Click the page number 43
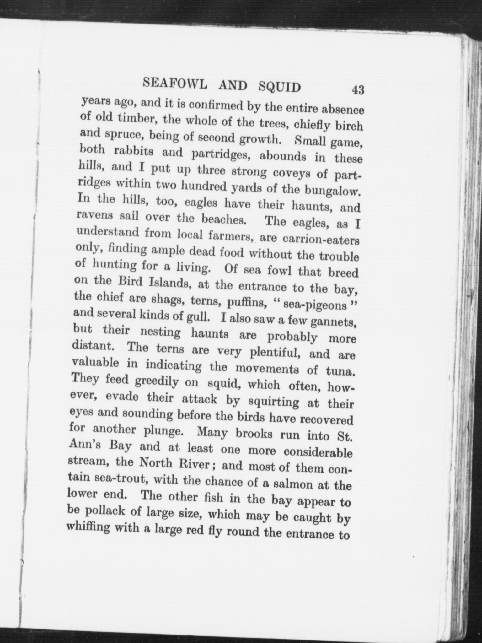coord(358,90)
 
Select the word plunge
coord(163,430)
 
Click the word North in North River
coord(156,463)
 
